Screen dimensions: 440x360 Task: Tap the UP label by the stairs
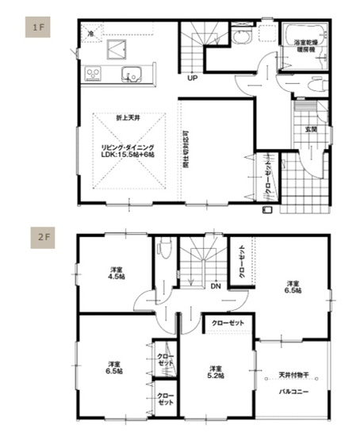193,78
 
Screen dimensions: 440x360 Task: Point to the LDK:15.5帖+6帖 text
127,153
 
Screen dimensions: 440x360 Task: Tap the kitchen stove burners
93,75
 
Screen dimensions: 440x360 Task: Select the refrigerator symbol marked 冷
91,34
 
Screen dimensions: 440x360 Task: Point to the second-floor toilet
163,248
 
